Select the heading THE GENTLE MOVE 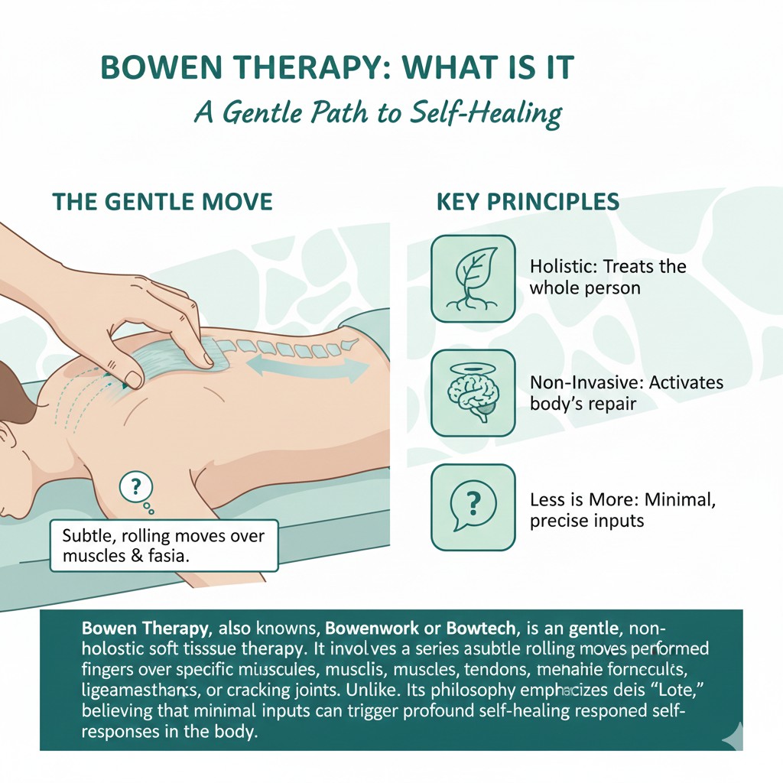tap(162, 202)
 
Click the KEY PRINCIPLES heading tap(528, 202)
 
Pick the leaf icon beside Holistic tap(473, 278)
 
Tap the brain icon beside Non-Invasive tap(473, 393)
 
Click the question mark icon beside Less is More tap(473, 506)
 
